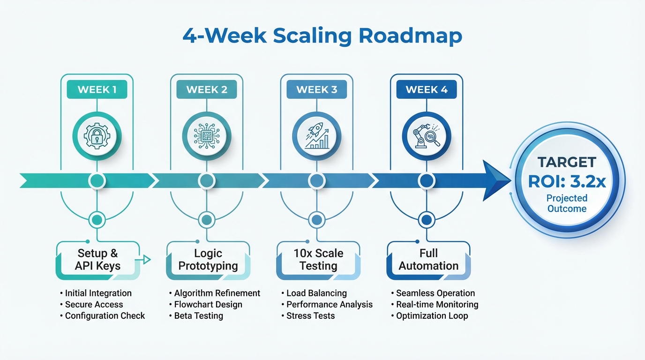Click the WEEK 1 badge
(97, 89)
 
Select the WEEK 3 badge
(316, 89)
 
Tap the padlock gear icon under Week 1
(97, 136)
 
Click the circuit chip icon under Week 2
(206, 136)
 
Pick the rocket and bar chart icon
(316, 136)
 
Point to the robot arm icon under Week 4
(426, 136)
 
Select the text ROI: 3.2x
(567, 181)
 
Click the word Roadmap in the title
(412, 37)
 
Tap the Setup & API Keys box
(97, 260)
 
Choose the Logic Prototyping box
(208, 260)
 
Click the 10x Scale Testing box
(318, 260)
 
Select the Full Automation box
(428, 260)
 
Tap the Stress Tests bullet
(310, 315)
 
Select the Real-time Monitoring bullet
(437, 304)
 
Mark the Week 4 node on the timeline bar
(426, 180)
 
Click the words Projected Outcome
(567, 203)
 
